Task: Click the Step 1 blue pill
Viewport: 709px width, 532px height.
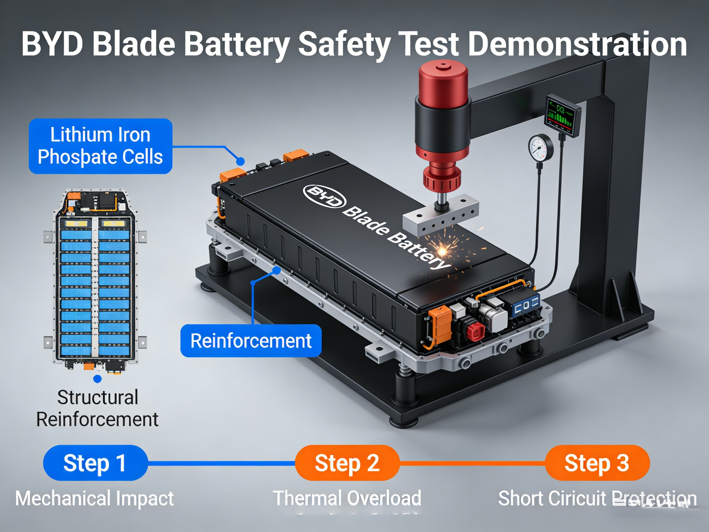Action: coord(95,463)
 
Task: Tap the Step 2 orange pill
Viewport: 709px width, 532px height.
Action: coord(347,463)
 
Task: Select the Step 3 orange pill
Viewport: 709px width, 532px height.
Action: coord(597,463)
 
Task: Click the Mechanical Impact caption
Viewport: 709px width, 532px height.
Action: coord(94,498)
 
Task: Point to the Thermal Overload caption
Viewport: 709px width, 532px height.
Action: coord(347,498)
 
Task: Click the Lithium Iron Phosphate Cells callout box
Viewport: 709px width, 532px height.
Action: coord(100,146)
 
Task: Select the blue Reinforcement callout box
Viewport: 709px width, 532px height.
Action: coord(251,341)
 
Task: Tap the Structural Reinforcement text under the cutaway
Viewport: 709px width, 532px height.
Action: coord(97,408)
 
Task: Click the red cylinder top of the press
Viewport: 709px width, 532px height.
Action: coord(443,80)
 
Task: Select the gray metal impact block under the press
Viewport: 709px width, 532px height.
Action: coord(441,215)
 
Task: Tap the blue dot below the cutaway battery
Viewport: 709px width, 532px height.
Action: coord(97,379)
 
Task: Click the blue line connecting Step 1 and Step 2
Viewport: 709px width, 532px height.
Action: coord(221,463)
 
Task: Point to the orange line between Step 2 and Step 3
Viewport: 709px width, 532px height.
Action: coord(472,463)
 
